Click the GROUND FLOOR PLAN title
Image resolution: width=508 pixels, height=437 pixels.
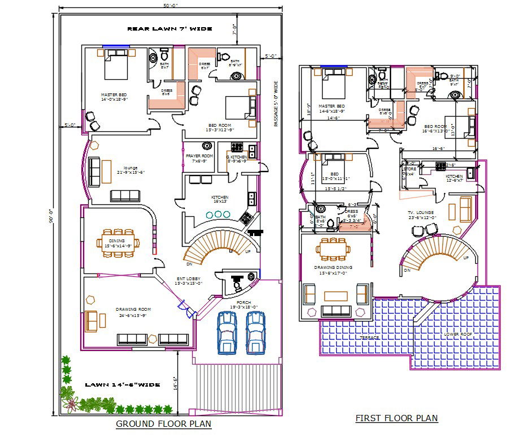pos(164,423)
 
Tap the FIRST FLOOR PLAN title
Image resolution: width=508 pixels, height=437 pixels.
pos(397,418)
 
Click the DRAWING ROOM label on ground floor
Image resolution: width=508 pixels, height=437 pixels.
pos(132,309)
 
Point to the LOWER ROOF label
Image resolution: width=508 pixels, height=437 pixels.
pos(455,333)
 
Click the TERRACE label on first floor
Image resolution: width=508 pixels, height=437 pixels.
pos(370,337)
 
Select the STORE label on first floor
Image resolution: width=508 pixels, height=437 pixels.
pos(410,169)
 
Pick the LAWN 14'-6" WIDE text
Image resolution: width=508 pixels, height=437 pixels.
pos(122,384)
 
